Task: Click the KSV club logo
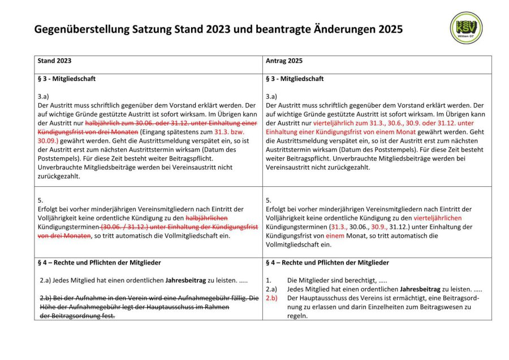tap(467, 28)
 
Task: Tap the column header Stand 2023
tap(54, 61)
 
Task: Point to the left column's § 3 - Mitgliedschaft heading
tap(66, 79)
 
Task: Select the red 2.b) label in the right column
tap(271, 298)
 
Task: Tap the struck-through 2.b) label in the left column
tap(47, 298)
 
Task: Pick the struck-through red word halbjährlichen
tap(206, 218)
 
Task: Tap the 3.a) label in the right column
tap(271, 96)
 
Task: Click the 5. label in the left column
tap(40, 200)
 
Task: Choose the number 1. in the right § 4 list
tap(269, 280)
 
